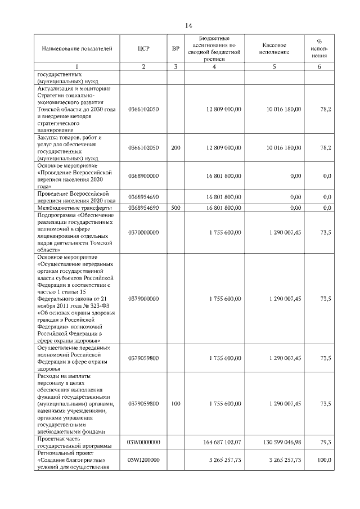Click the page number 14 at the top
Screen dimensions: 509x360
coord(188,26)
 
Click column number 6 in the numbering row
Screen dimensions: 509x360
coord(319,67)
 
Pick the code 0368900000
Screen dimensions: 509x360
coord(143,175)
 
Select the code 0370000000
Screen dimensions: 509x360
coord(143,232)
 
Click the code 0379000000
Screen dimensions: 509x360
coord(143,299)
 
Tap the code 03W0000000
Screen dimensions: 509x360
coord(143,442)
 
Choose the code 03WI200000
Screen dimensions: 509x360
coord(143,460)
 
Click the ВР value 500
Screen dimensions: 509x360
coord(175,208)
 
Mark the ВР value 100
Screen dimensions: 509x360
coord(175,403)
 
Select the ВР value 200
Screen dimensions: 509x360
coord(175,147)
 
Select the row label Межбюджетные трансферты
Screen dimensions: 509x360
coord(71,208)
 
